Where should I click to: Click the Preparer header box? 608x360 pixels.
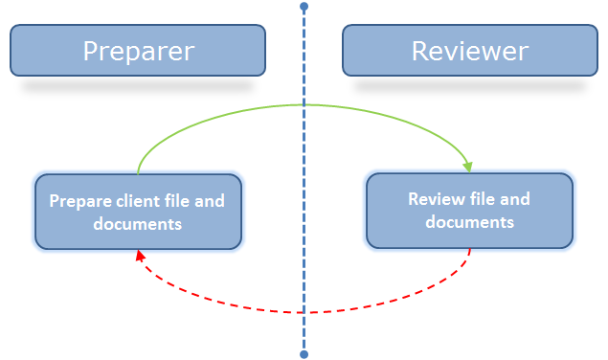coord(138,51)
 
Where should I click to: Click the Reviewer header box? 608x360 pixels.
coord(469,51)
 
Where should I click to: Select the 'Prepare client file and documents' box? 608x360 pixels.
coord(138,212)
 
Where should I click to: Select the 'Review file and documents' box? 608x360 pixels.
coord(469,211)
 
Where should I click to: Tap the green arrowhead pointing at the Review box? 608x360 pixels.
coord(468,168)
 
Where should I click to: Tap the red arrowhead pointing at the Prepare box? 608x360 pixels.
coord(141,256)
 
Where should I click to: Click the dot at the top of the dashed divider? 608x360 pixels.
coord(304,7)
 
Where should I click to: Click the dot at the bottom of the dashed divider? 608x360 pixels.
coord(304,354)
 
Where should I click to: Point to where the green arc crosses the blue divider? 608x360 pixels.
coord(304,104)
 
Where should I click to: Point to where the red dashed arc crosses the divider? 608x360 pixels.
coord(304,312)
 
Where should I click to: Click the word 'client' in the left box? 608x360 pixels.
coord(139,202)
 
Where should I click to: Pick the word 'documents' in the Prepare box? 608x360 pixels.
coord(138,224)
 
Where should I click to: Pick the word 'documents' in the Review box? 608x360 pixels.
coord(469,222)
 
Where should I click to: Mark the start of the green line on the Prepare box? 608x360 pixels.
coord(139,173)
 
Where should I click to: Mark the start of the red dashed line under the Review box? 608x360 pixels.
coord(470,250)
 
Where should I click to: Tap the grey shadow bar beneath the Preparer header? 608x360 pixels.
coord(138,86)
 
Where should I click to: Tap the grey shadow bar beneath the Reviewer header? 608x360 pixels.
coord(469,86)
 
